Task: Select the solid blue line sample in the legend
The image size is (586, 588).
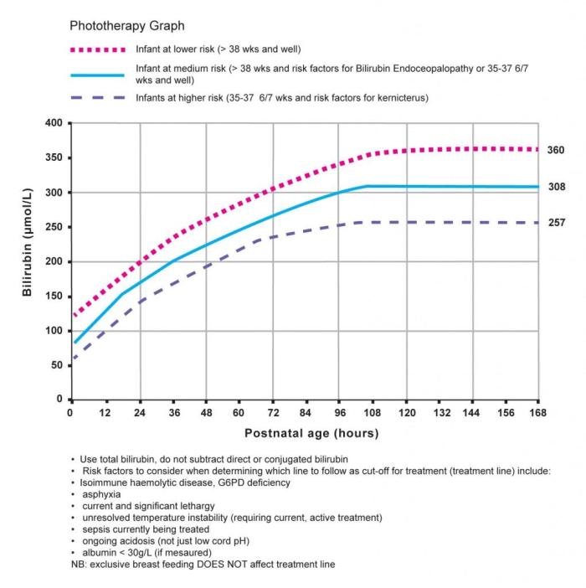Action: click(97, 75)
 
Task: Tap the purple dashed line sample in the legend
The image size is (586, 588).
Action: click(97, 98)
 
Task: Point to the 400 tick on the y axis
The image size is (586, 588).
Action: click(54, 123)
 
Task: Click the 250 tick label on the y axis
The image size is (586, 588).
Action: click(54, 227)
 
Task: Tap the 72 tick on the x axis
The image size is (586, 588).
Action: click(271, 412)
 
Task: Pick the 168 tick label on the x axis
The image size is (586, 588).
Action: click(537, 412)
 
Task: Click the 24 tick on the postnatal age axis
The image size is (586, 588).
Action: click(138, 412)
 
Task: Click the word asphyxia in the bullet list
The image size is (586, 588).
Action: click(101, 494)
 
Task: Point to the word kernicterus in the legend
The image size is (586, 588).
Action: click(397, 98)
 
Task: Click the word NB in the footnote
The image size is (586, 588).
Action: click(78, 565)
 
